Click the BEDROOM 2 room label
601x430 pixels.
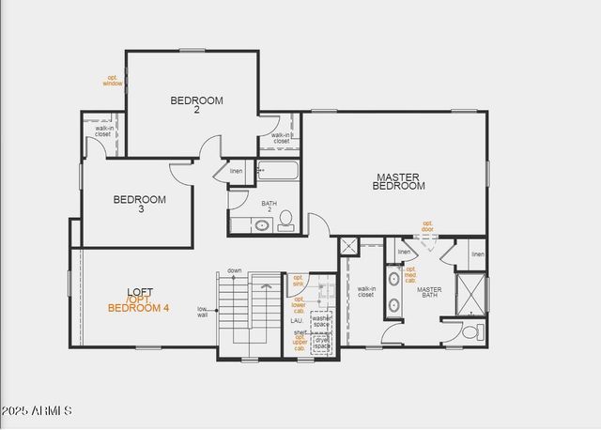pos(197,104)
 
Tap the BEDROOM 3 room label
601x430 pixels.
pos(140,204)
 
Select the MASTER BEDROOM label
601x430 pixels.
pos(399,181)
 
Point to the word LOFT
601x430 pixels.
pos(140,292)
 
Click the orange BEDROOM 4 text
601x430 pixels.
pos(139,308)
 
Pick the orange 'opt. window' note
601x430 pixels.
pos(113,81)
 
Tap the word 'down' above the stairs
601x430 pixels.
pos(234,270)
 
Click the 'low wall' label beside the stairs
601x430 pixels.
pos(202,313)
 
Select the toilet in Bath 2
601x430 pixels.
pos(286,222)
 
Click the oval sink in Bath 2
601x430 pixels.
pos(262,225)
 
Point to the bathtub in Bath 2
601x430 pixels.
pos(277,173)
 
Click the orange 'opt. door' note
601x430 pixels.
pos(427,226)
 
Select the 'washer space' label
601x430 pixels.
pos(321,321)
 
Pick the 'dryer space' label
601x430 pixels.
pos(321,343)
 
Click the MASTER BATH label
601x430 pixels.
pos(429,292)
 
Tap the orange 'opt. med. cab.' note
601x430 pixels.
pos(410,274)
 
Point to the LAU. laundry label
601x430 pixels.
pos(295,321)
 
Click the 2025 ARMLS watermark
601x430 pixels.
pos(37,411)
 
